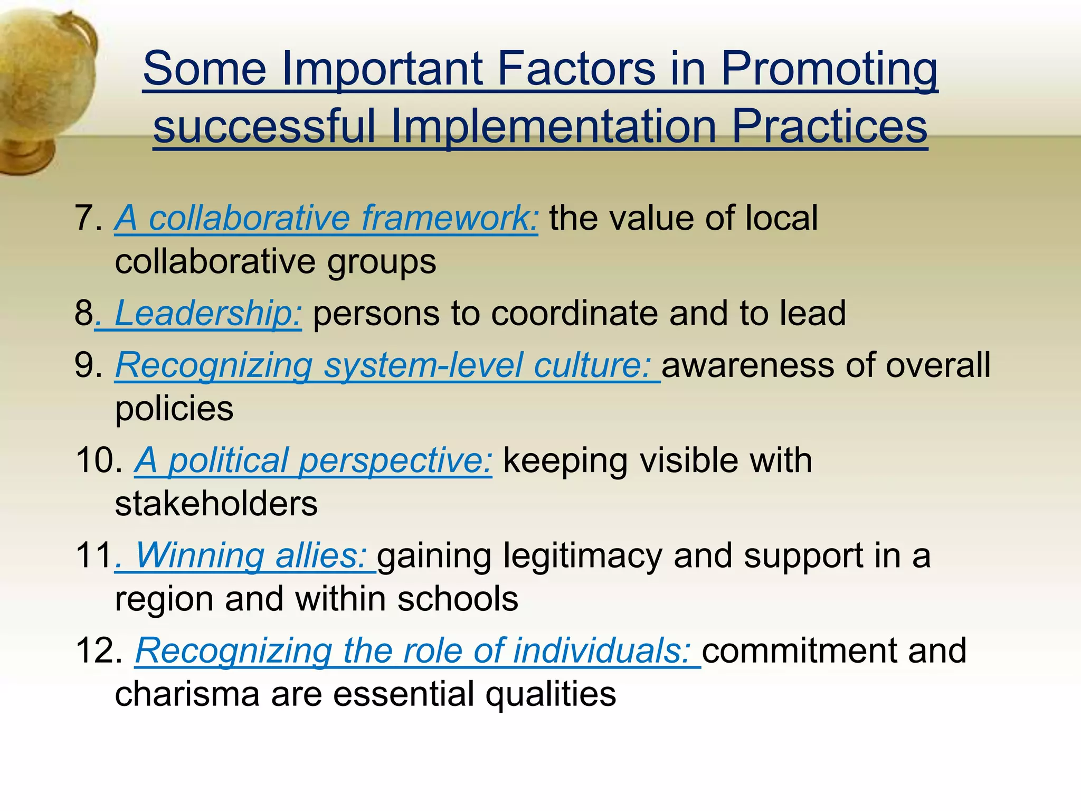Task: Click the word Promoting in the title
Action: [829, 69]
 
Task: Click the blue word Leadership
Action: [208, 313]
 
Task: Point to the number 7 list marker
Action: [84, 218]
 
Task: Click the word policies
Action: [174, 409]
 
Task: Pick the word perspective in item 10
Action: [395, 460]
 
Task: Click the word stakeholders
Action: [216, 504]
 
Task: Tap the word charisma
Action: [187, 694]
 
